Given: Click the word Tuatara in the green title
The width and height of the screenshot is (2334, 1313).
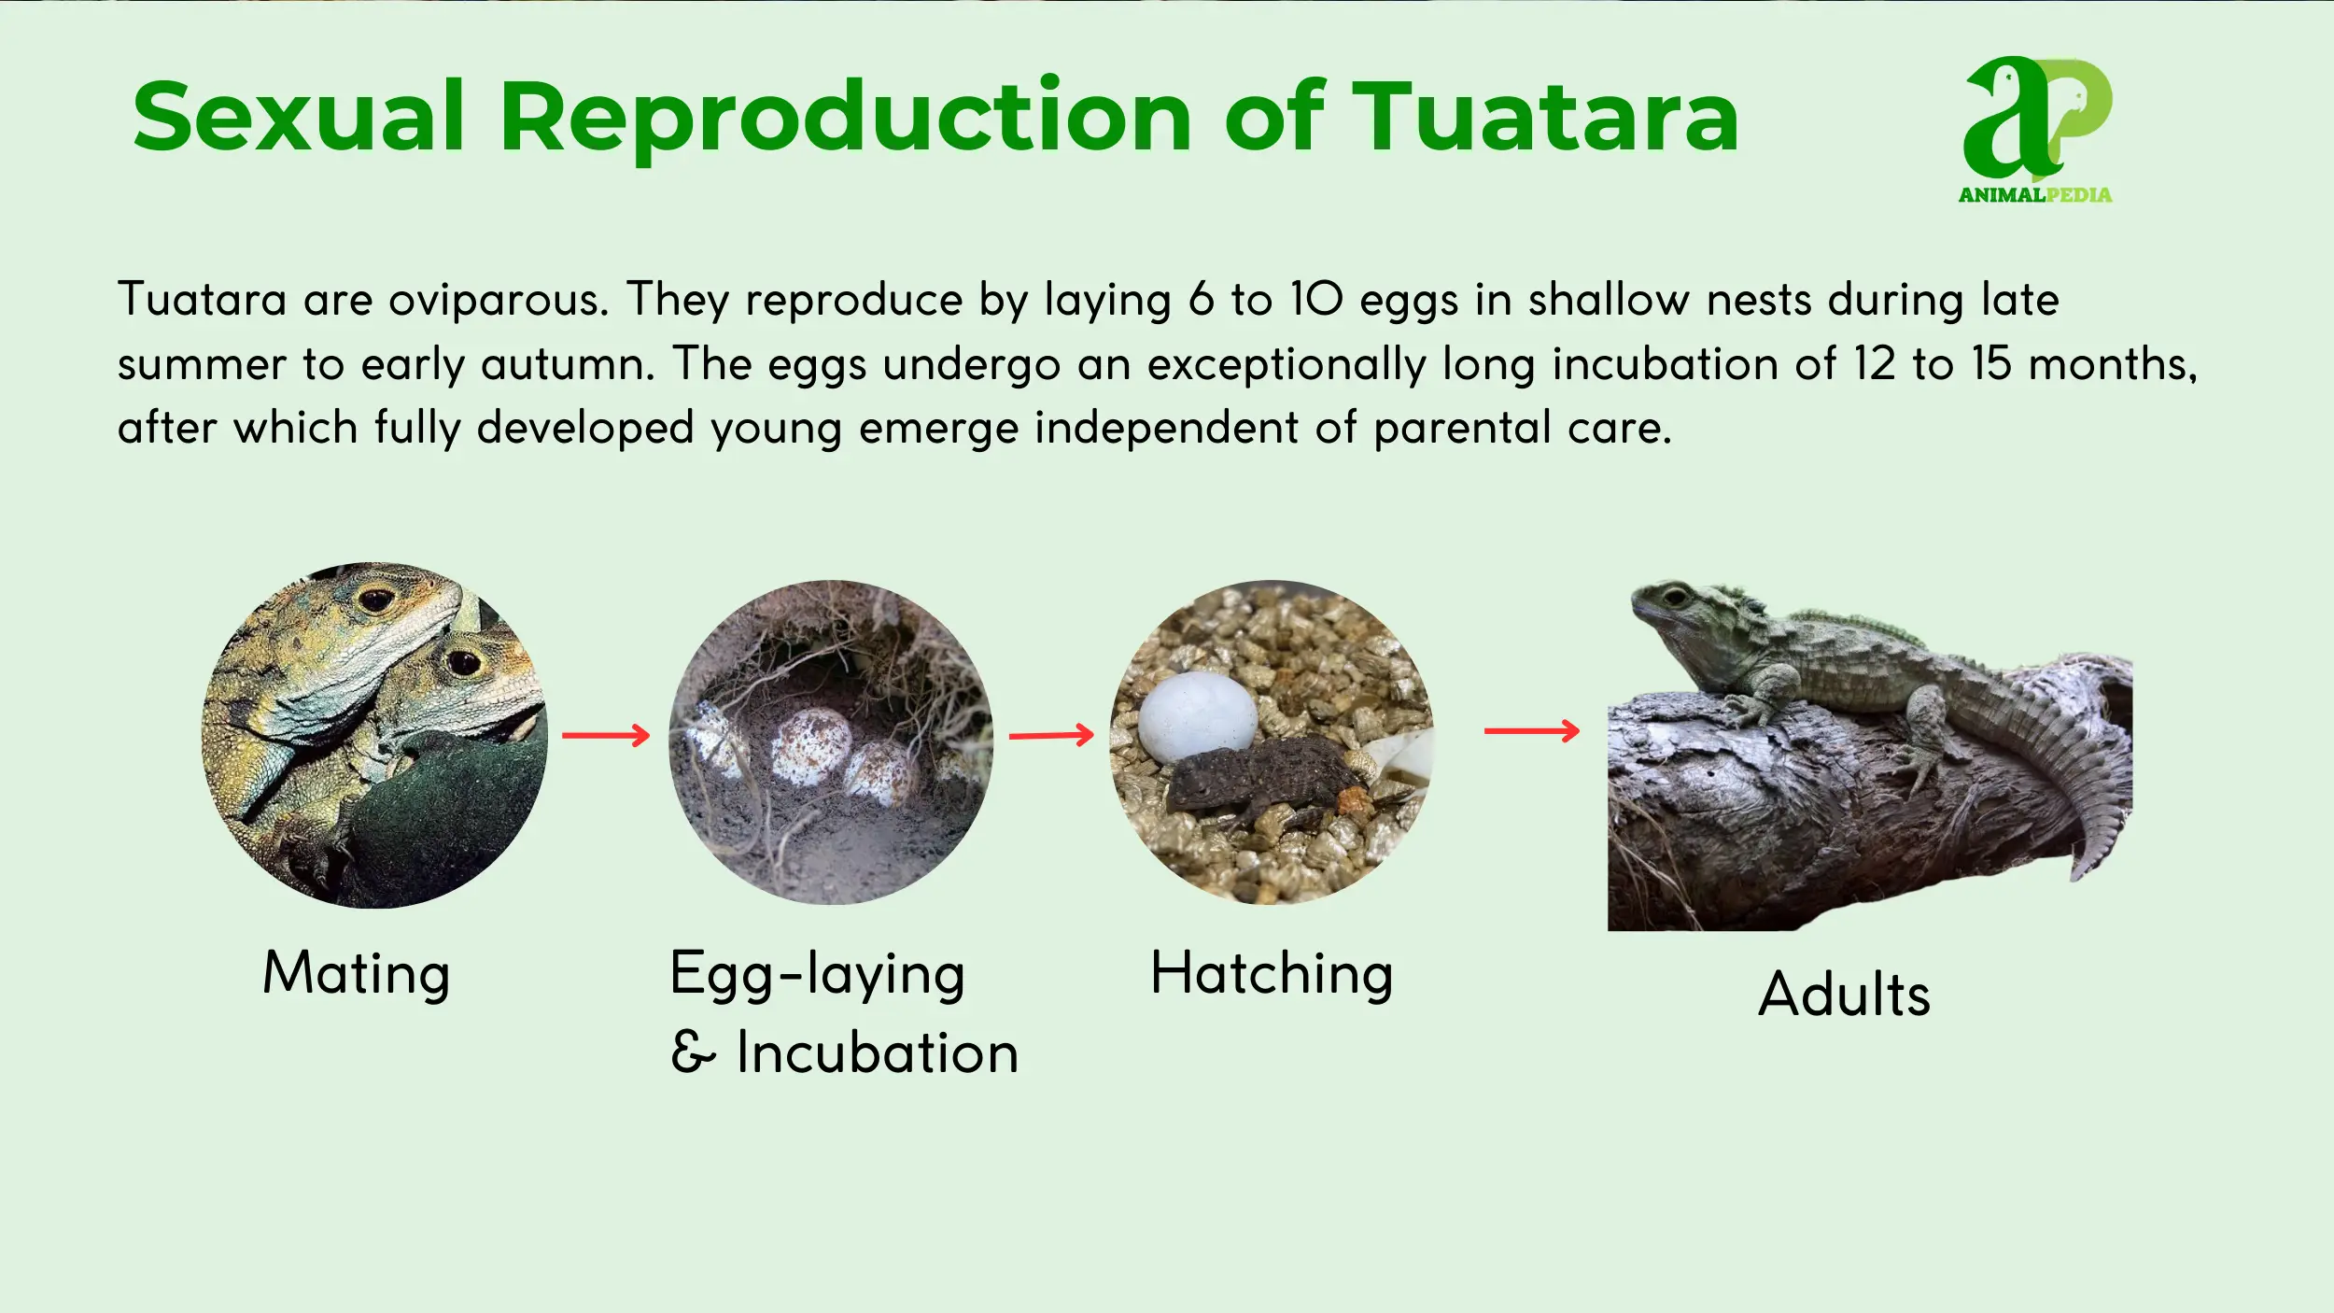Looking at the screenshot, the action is [x=1546, y=116].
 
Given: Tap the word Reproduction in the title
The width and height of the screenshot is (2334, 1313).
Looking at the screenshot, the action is [x=846, y=120].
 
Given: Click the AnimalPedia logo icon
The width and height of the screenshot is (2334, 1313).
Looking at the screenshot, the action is [x=2038, y=118].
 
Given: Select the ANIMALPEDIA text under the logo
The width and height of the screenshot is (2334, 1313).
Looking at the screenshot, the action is [x=2035, y=195].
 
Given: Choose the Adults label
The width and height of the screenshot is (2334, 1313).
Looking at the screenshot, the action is [x=1844, y=994].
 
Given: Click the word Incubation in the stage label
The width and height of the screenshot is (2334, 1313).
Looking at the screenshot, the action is [x=877, y=1053].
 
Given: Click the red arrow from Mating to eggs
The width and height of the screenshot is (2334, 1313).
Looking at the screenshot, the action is [x=606, y=736].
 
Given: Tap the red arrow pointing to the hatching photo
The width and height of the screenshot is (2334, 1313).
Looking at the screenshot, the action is [x=1051, y=736].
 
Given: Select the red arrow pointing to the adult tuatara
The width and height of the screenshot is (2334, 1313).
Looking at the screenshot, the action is [x=1531, y=731].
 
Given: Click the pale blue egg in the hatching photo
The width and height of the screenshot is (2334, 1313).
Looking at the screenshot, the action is [x=1198, y=716].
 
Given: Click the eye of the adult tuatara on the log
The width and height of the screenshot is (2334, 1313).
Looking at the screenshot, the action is [x=1675, y=596].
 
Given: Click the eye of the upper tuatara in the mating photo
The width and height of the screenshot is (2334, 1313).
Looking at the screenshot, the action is [x=376, y=600].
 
